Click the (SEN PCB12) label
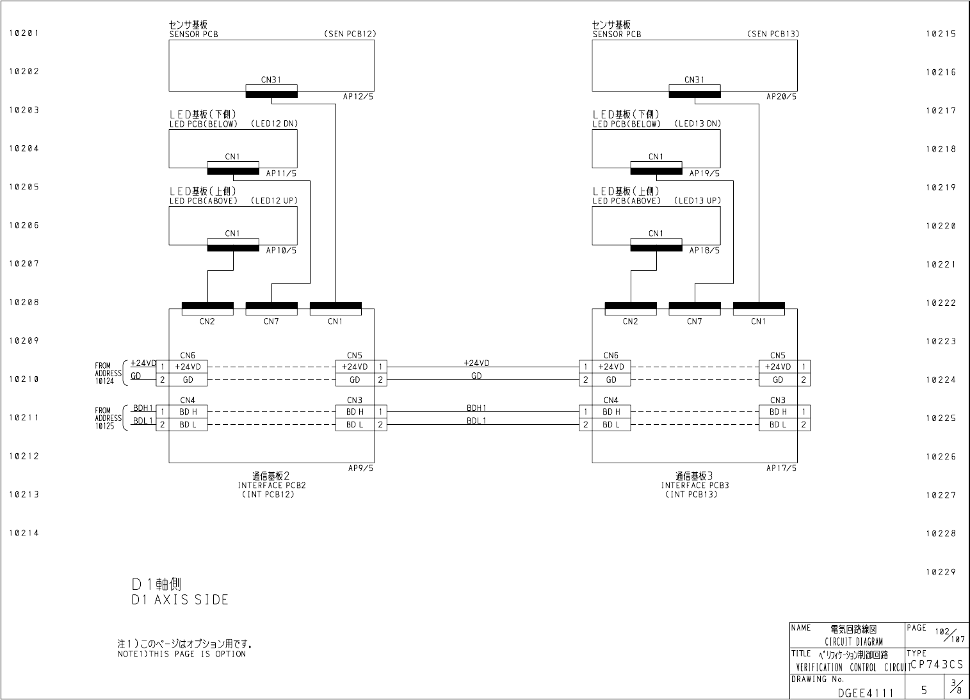point(350,34)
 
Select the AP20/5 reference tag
point(782,97)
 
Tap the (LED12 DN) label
point(274,123)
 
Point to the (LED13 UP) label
point(697,200)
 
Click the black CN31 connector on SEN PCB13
point(695,95)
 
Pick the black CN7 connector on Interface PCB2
point(271,306)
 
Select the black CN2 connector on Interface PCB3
point(631,306)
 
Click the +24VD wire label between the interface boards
point(476,363)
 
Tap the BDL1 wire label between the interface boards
point(476,420)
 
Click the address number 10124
point(104,381)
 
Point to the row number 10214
point(24,533)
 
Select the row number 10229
point(941,572)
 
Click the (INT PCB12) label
point(268,494)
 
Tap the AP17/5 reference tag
point(782,468)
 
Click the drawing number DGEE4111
point(865,692)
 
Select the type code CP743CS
point(937,665)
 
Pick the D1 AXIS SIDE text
point(180,600)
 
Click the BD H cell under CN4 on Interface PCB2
point(188,411)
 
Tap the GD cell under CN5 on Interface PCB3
point(778,379)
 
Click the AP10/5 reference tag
point(282,250)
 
